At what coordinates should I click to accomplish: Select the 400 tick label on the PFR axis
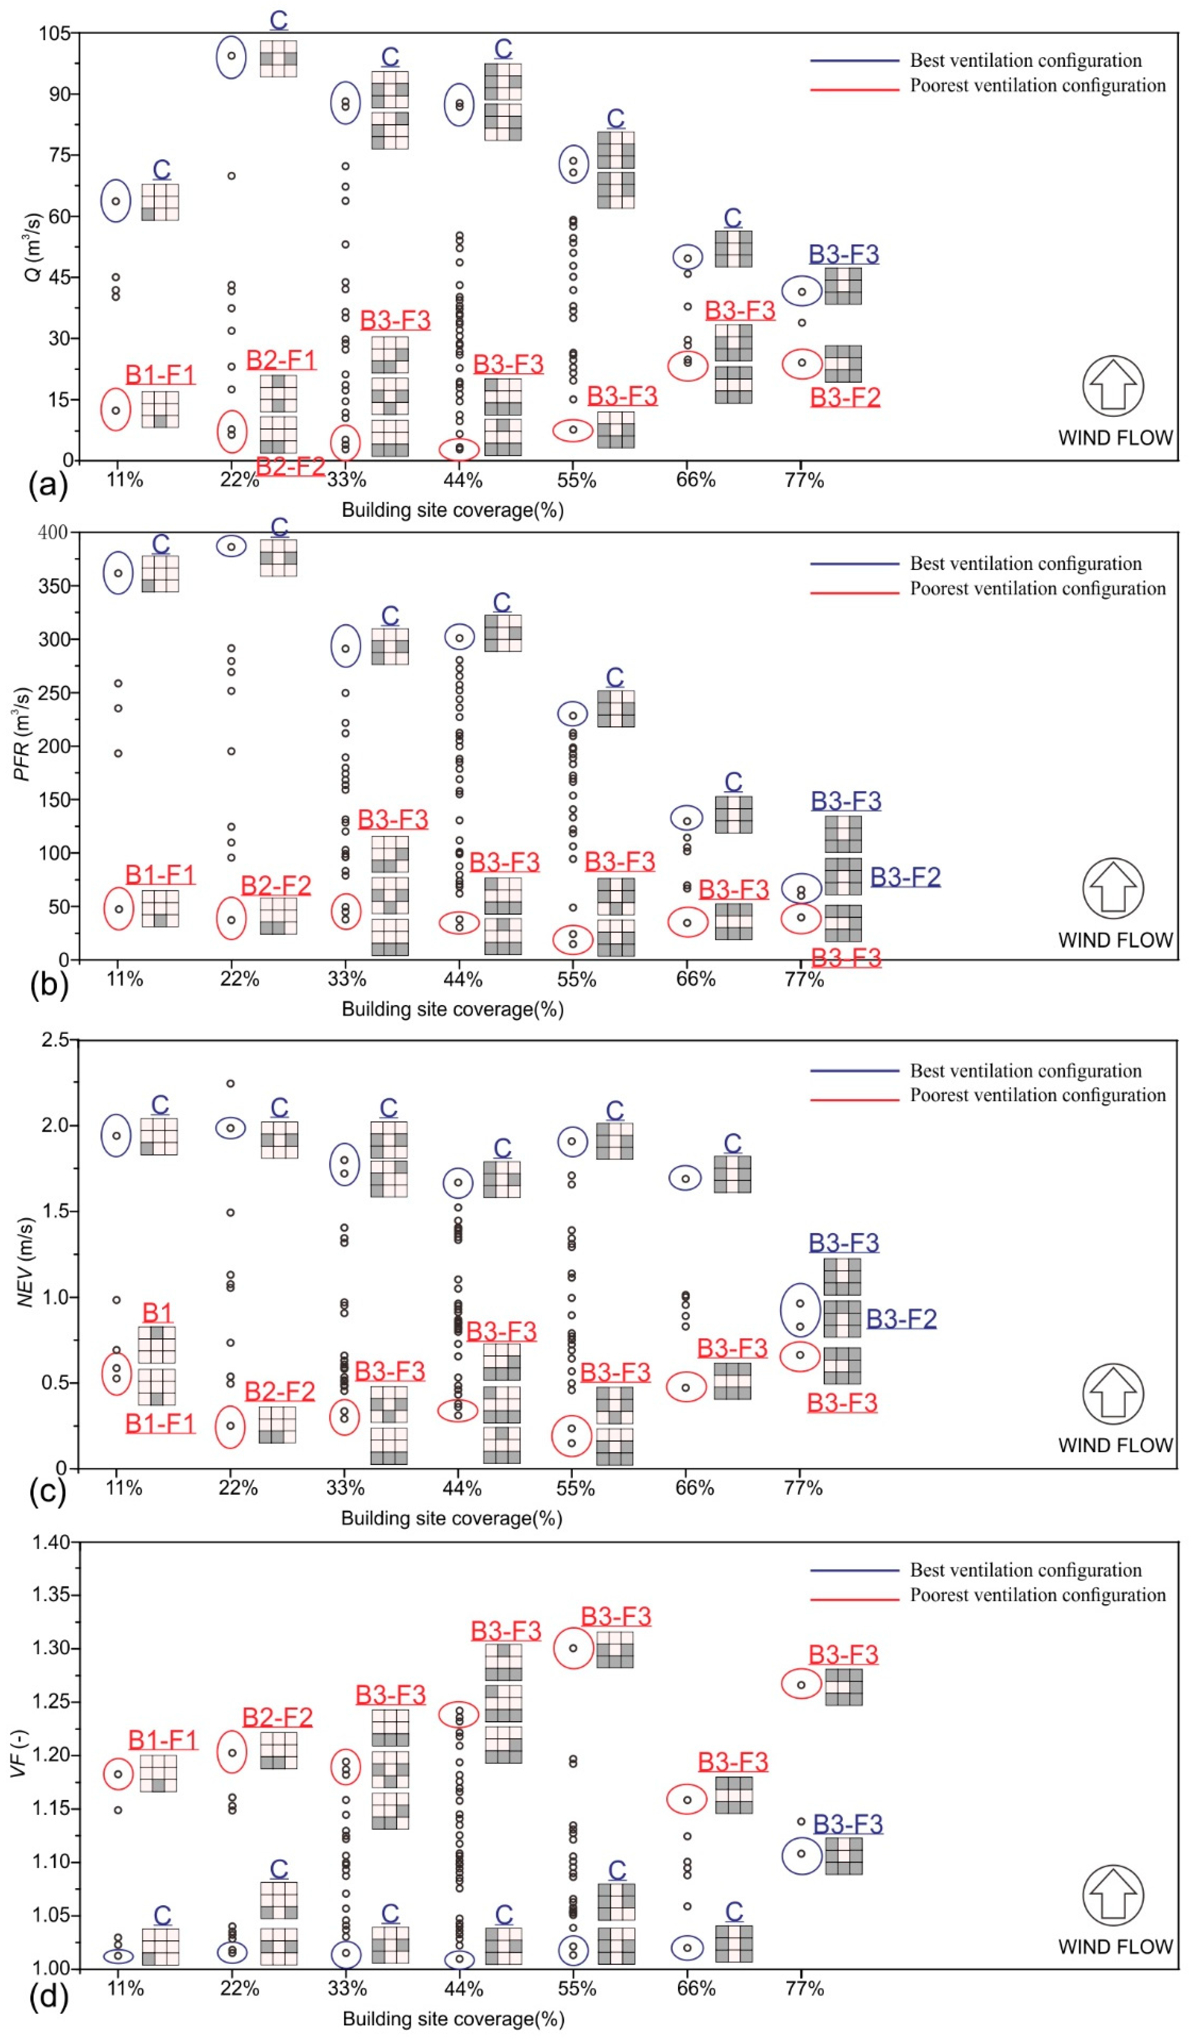click(x=53, y=532)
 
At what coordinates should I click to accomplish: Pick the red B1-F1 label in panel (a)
click(x=160, y=374)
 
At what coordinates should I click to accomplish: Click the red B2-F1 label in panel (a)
click(x=281, y=360)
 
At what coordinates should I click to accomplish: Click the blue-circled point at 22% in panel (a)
click(x=231, y=56)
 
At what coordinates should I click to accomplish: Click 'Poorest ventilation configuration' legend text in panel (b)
click(x=1037, y=588)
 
